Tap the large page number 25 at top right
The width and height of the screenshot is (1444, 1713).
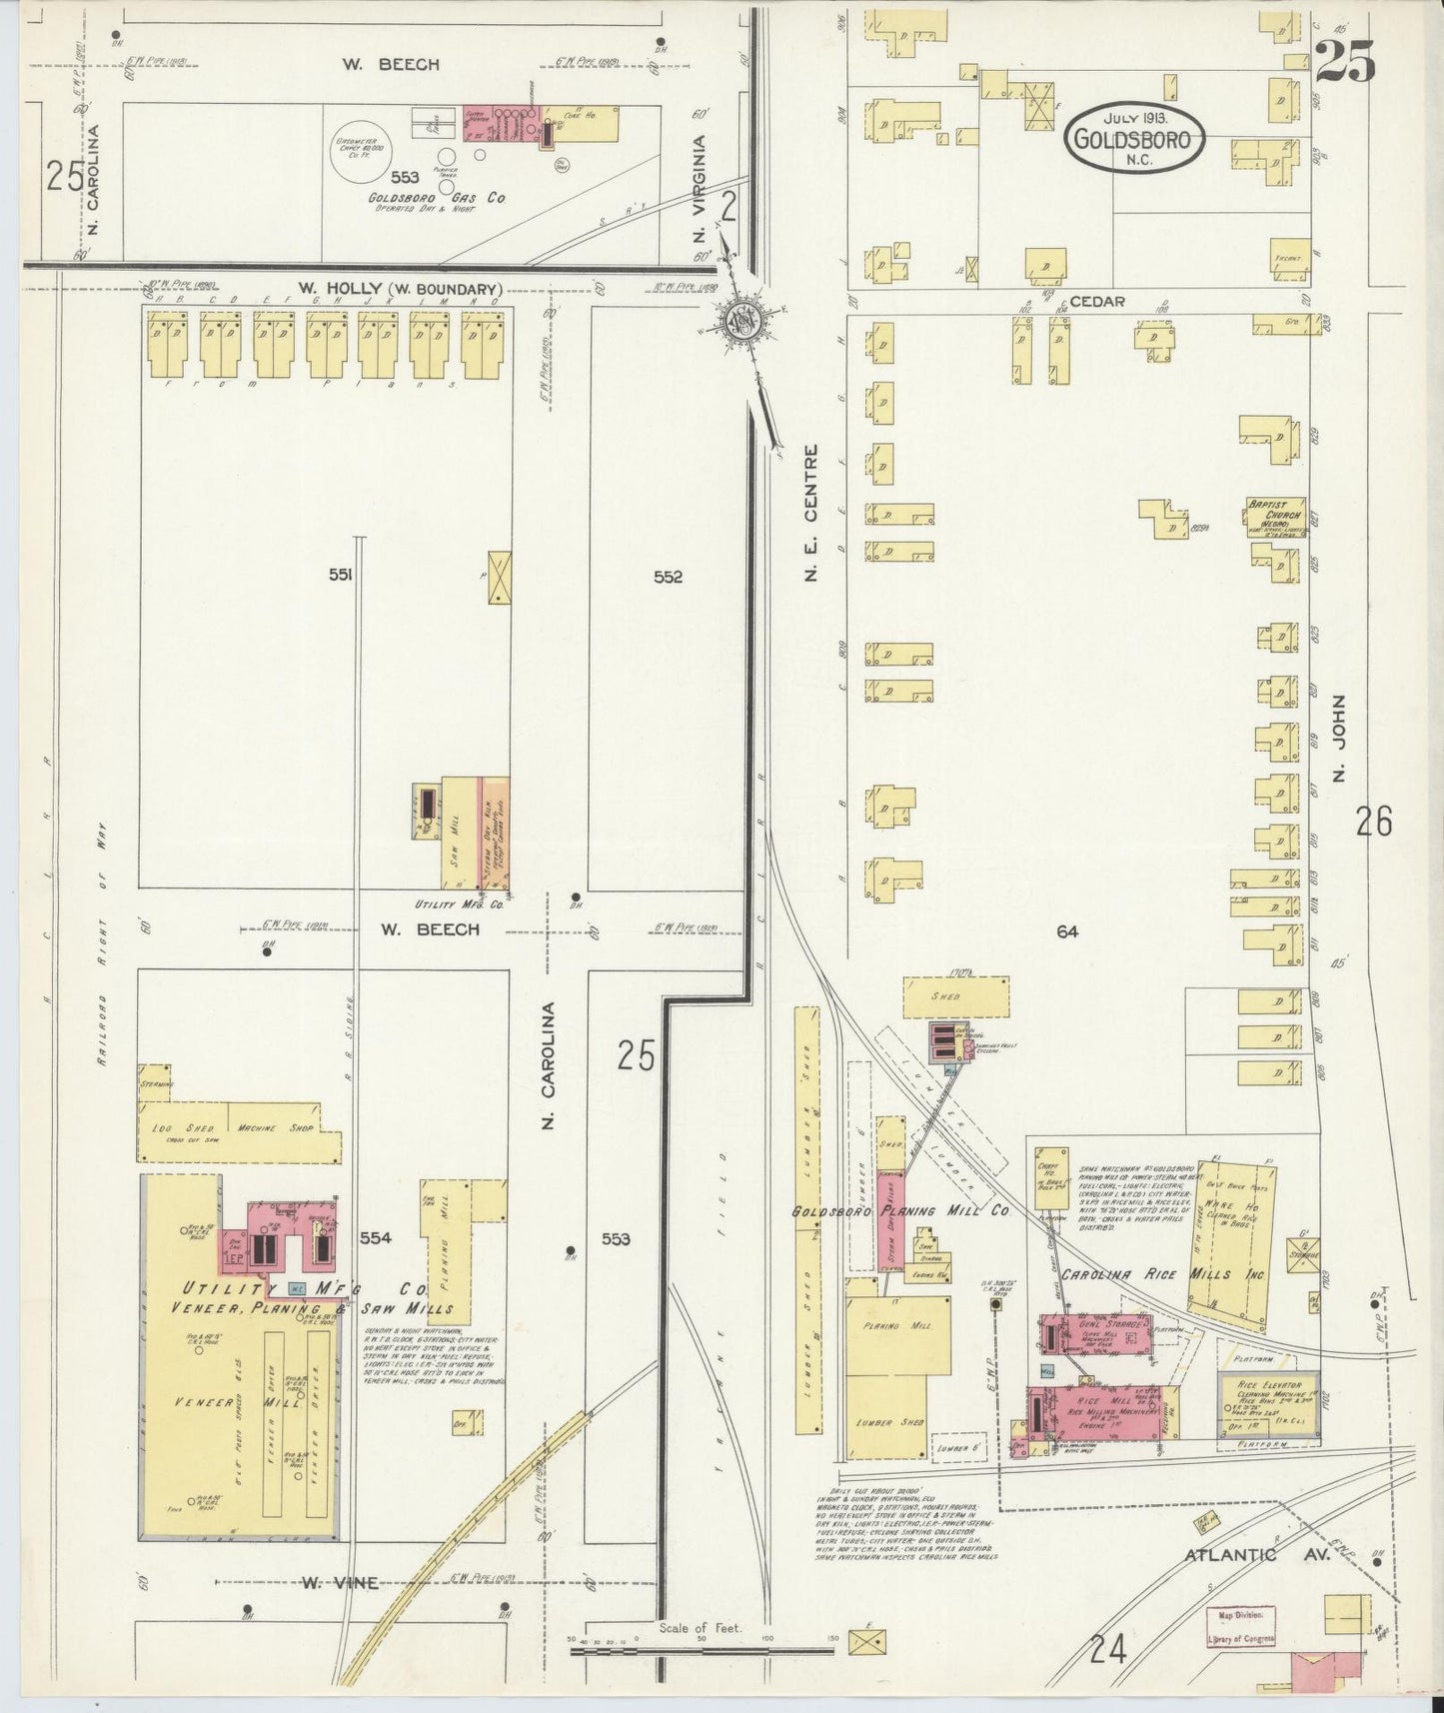1344,62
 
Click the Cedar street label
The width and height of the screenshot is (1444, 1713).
1097,301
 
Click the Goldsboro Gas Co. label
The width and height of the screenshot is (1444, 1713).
454,199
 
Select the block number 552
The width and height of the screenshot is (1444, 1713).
668,577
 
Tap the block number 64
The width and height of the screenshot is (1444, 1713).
1067,931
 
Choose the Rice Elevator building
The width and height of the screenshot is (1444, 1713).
1268,1407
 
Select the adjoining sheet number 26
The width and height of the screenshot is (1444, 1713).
1374,822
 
